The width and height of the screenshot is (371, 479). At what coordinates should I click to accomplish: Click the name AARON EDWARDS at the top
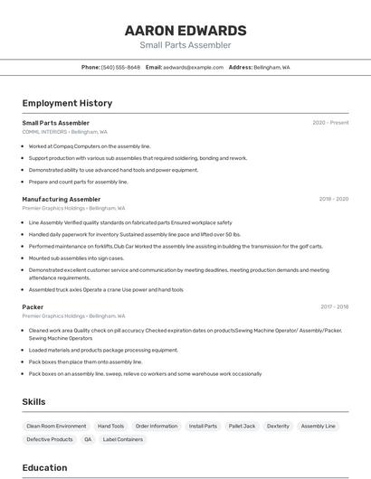185,30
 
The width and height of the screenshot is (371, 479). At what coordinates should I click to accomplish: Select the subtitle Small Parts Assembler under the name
185,45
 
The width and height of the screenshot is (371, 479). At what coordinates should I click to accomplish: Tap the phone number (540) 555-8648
120,67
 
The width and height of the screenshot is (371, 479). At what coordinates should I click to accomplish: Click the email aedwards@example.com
193,67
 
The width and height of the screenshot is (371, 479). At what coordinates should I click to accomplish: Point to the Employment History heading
67,103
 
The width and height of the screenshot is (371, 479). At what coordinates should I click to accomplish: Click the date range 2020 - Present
330,123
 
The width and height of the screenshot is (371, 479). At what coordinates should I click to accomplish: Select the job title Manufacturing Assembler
62,199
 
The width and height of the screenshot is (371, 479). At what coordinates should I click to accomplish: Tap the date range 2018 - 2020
333,199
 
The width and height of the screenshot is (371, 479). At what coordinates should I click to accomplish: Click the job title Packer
33,307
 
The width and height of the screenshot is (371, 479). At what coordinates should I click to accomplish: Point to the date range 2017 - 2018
334,307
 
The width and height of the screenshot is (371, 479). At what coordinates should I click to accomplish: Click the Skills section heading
34,402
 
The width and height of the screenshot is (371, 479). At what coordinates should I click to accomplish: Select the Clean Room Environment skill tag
56,426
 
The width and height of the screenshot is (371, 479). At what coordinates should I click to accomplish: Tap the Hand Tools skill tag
110,426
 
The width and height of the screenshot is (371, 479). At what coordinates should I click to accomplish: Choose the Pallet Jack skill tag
242,426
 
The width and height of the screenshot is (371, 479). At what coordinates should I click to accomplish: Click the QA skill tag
88,439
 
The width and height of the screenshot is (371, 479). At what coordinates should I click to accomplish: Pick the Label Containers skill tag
123,439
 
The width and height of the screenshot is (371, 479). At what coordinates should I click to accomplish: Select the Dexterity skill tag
278,426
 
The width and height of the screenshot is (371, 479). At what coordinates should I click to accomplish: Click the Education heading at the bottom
44,467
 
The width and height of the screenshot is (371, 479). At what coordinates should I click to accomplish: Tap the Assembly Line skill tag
318,426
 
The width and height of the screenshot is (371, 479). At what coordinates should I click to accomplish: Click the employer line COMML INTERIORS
44,131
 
